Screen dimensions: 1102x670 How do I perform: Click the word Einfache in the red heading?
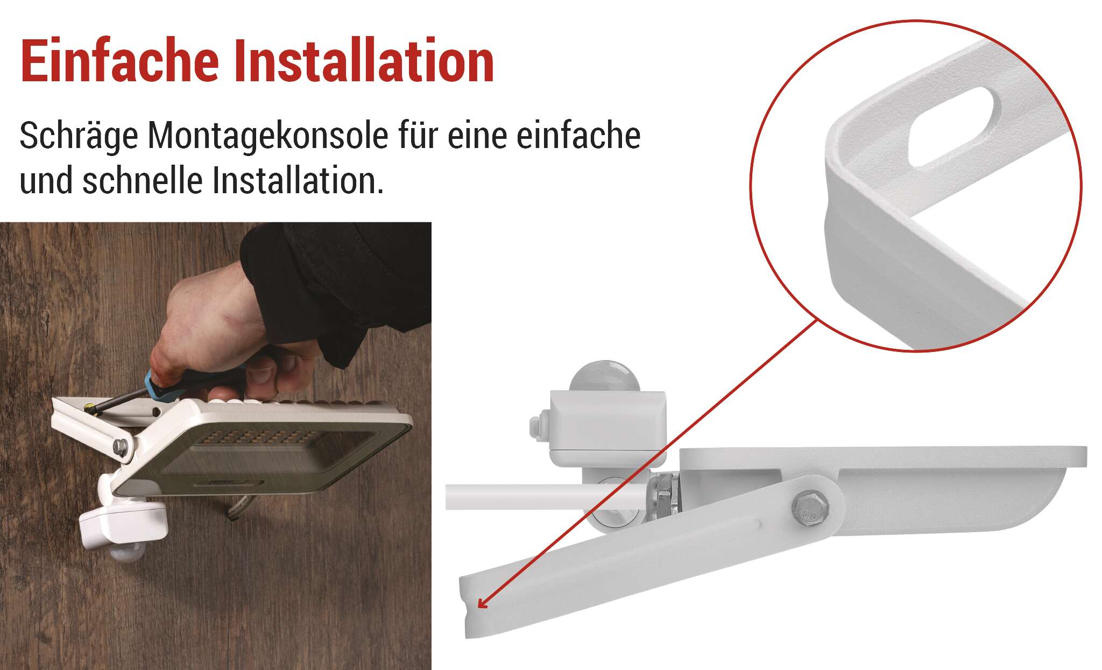click(119, 60)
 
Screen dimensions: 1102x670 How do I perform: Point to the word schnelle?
click(143, 181)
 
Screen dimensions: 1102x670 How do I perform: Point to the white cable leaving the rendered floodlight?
click(543, 497)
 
